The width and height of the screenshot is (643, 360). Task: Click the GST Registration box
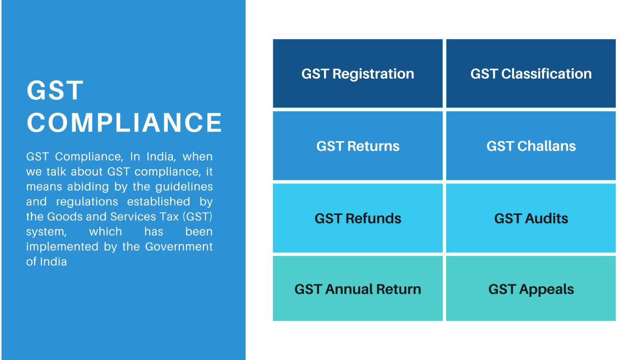(x=358, y=73)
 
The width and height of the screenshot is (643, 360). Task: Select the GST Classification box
(x=531, y=73)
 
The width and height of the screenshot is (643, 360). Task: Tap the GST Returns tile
(x=358, y=146)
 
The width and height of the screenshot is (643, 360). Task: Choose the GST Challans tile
(x=531, y=146)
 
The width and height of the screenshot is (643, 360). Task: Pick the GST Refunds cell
(x=358, y=218)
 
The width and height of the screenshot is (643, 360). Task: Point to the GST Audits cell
(x=531, y=218)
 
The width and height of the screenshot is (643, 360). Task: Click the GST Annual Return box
(x=358, y=288)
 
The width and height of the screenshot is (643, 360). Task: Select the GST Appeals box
(x=531, y=288)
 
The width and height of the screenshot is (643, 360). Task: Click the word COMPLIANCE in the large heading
(x=124, y=123)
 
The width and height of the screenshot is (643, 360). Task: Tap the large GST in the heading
(x=55, y=90)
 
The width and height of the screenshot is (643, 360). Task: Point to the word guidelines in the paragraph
(x=184, y=187)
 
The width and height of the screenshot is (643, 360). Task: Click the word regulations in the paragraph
(x=87, y=201)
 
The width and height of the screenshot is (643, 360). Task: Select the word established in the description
(x=158, y=201)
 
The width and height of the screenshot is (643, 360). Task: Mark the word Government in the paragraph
(x=179, y=247)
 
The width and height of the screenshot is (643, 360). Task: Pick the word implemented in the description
(x=62, y=247)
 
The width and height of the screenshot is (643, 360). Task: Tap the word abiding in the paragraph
(x=88, y=187)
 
